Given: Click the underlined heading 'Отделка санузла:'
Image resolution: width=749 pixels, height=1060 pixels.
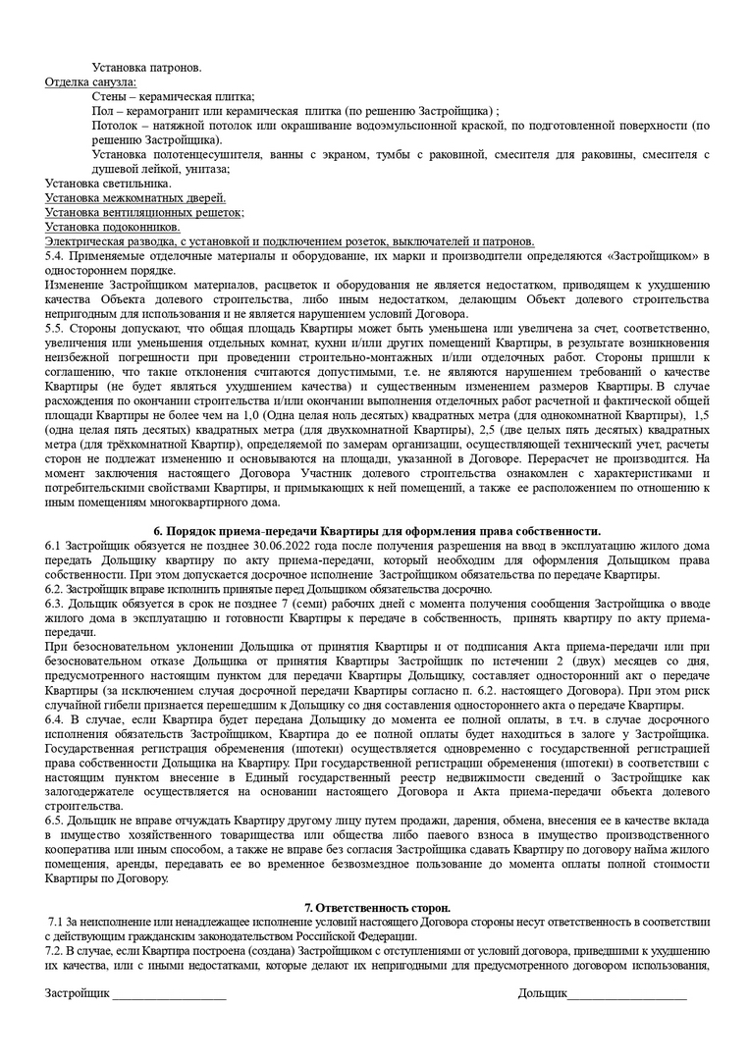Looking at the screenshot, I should (x=91, y=81).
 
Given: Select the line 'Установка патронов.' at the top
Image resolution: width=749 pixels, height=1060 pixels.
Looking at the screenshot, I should (x=146, y=67).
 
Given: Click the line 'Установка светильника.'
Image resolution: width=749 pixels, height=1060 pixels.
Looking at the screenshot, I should (x=108, y=184).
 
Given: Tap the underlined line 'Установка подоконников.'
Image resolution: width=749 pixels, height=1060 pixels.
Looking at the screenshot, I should (x=112, y=227).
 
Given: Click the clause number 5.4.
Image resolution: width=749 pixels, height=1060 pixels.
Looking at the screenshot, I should (x=55, y=256).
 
